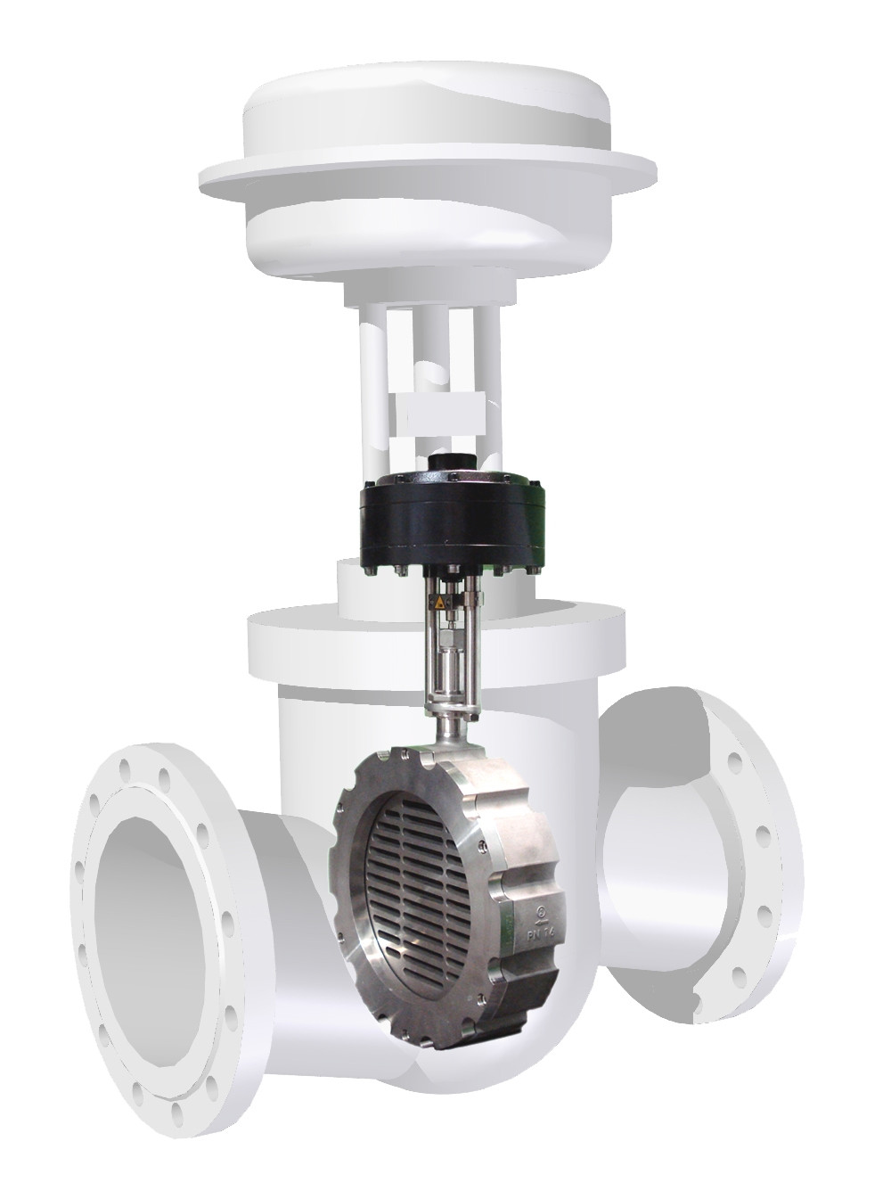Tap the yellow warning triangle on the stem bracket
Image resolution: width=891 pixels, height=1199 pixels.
(438, 604)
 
